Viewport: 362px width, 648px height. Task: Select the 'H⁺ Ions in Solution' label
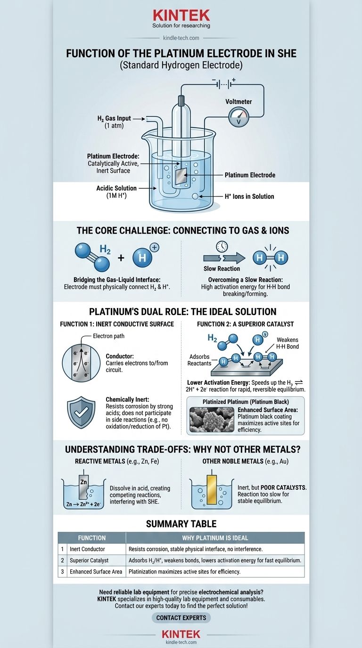pyautogui.click(x=249, y=196)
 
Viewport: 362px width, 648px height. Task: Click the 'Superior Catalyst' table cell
pyautogui.click(x=90, y=560)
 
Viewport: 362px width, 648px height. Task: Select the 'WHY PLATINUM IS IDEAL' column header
pyautogui.click(x=215, y=538)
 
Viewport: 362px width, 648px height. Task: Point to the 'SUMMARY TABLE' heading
pyautogui.click(x=181, y=524)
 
